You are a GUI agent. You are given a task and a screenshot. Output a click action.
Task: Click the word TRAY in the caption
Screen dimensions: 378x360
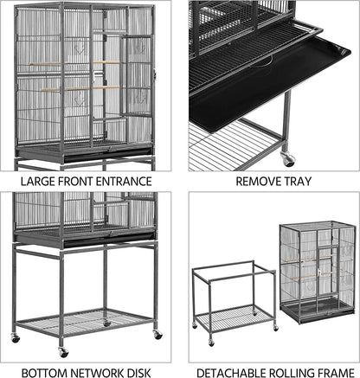click(x=299, y=182)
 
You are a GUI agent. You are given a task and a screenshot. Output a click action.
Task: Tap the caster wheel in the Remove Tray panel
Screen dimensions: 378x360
click(x=288, y=159)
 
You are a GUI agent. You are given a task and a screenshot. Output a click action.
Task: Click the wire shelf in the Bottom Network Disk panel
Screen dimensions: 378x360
click(x=87, y=324)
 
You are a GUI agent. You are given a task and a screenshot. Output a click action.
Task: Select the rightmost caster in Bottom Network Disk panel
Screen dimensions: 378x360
click(x=157, y=334)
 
